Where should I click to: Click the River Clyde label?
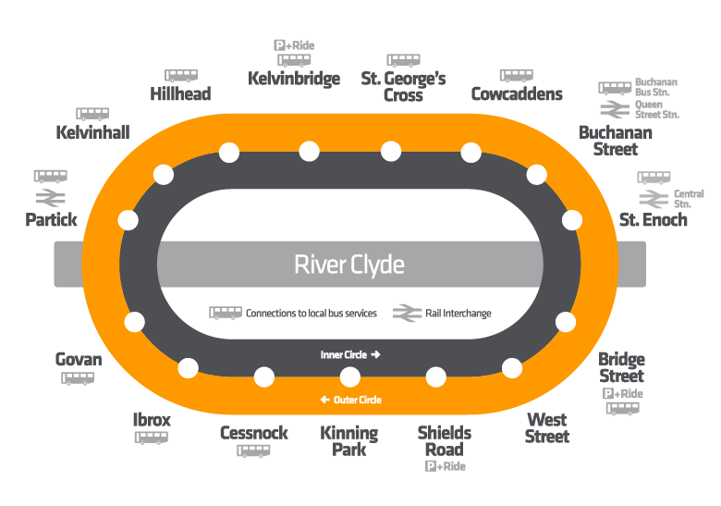click(x=349, y=265)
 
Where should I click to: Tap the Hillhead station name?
click(x=180, y=93)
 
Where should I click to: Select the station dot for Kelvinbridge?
click(x=310, y=151)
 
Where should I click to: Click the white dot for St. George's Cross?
click(x=391, y=151)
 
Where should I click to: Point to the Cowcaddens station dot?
click(x=471, y=152)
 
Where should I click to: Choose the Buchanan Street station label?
click(x=615, y=141)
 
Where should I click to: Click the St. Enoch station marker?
click(x=572, y=220)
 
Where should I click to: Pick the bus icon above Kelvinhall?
click(x=92, y=115)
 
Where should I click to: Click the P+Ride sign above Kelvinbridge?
click(x=293, y=45)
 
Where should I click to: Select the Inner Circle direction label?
click(x=350, y=354)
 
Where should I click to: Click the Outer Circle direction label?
click(x=350, y=400)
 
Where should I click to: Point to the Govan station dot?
click(x=135, y=322)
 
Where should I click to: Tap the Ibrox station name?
click(x=152, y=420)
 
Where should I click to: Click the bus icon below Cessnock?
click(x=253, y=451)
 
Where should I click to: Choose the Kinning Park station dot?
click(x=349, y=376)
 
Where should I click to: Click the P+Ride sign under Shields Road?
click(x=445, y=467)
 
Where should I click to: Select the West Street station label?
click(x=547, y=428)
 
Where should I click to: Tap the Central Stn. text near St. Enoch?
click(x=689, y=199)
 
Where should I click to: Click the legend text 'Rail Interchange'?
click(x=458, y=314)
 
